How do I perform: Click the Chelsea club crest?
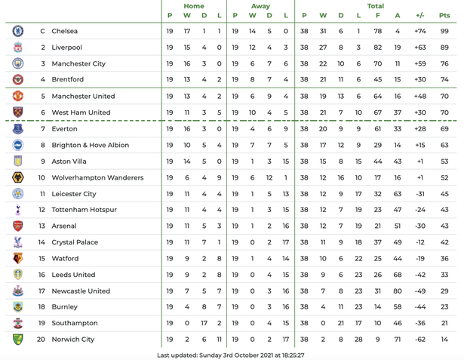click(18, 31)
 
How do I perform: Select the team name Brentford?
click(68, 80)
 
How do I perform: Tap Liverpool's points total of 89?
click(444, 48)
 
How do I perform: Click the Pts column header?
click(444, 15)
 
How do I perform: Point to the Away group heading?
click(260, 6)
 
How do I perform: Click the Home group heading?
click(194, 6)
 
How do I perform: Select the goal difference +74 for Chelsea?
click(420, 31)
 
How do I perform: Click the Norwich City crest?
click(18, 340)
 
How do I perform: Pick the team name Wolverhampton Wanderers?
click(97, 178)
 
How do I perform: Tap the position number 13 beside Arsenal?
click(42, 226)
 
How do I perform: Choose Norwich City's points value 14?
click(444, 340)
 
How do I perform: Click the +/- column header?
click(420, 15)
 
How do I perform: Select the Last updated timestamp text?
click(231, 355)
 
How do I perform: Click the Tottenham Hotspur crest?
click(18, 210)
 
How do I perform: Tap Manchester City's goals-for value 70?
click(377, 64)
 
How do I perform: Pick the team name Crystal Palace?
click(75, 242)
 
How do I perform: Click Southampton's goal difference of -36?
click(420, 323)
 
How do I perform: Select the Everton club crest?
click(18, 129)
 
